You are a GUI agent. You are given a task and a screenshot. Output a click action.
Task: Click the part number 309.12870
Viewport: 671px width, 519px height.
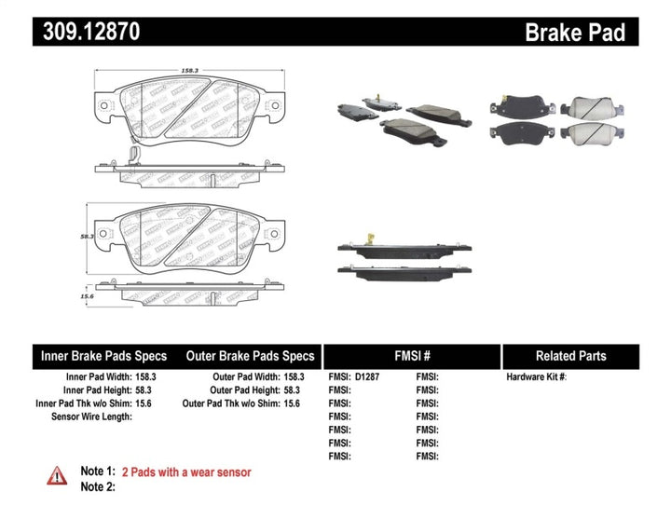[91, 33]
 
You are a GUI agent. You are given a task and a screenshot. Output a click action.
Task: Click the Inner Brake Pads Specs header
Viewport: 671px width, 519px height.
[103, 356]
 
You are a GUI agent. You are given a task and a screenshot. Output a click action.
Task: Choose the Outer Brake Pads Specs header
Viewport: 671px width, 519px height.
[251, 356]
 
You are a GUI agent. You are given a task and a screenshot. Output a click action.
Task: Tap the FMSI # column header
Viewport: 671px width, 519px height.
[411, 356]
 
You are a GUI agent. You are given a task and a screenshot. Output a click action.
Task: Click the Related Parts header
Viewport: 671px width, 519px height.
[570, 356]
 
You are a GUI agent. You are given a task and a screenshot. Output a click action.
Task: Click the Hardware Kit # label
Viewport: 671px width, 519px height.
[536, 377]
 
